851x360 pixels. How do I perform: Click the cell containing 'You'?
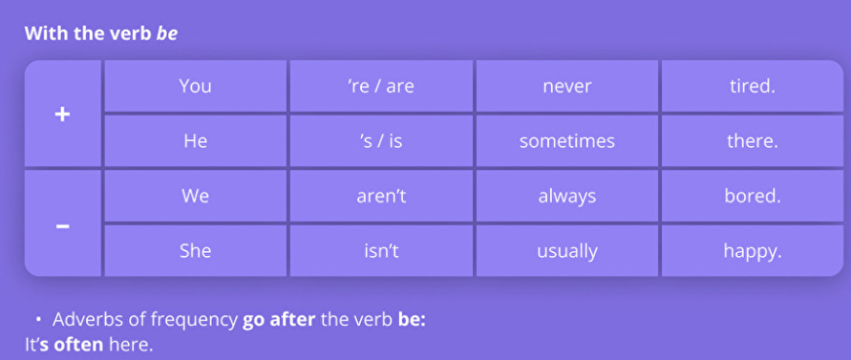[x=196, y=86]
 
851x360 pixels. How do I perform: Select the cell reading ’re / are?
[x=381, y=86]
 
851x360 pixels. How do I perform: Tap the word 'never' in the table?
[x=567, y=86]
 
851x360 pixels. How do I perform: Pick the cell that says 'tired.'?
[x=753, y=86]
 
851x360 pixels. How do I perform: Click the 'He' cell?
[x=196, y=140]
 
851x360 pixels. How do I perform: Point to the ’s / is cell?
[x=381, y=140]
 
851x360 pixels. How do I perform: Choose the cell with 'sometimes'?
[x=567, y=140]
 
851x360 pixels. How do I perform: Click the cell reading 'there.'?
[x=753, y=140]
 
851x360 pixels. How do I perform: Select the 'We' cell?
[x=196, y=196]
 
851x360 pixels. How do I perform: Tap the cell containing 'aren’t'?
[x=381, y=196]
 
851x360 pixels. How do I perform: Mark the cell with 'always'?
[x=567, y=196]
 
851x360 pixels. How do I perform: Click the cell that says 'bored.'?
[x=753, y=196]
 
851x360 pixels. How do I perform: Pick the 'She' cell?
[x=196, y=251]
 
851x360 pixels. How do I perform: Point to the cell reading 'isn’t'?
[x=381, y=251]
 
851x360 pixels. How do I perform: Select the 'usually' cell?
[x=567, y=251]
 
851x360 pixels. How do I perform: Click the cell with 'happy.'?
[x=753, y=251]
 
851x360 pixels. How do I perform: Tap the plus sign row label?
[x=63, y=114]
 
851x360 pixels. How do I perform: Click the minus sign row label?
[x=63, y=226]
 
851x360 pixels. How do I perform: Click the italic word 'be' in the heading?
[x=167, y=33]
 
